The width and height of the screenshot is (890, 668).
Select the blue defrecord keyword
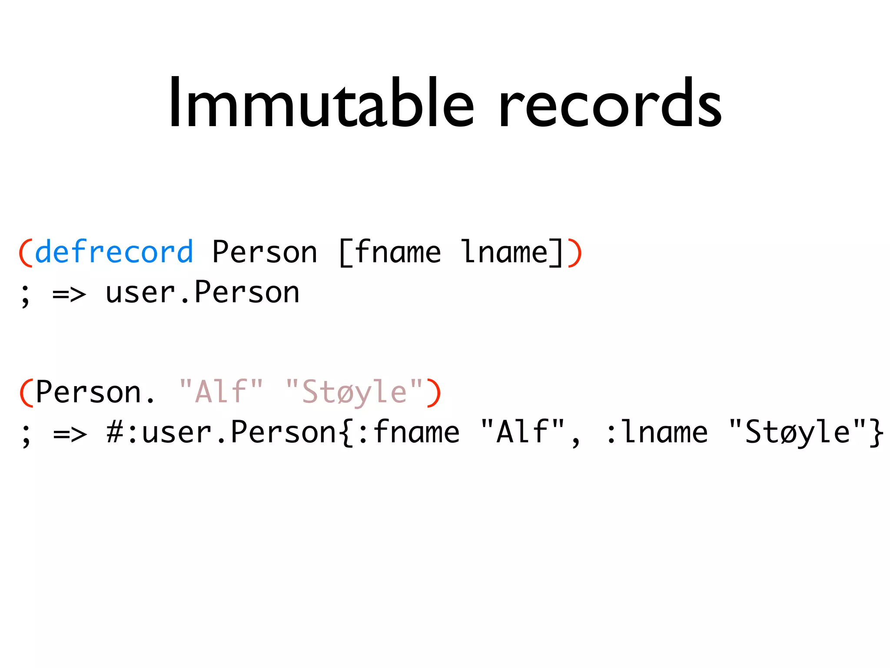(114, 252)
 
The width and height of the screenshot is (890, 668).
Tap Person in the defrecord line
(265, 252)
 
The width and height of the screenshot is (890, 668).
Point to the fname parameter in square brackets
(398, 252)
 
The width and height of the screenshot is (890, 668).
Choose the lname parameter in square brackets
(504, 252)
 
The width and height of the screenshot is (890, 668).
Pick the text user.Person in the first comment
(203, 292)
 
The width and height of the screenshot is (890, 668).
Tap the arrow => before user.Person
(69, 294)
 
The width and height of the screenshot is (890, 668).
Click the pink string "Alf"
(221, 391)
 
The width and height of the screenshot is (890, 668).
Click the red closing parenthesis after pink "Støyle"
(434, 393)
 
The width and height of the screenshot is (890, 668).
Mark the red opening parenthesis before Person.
(25, 393)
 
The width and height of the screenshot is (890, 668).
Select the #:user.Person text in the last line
(222, 433)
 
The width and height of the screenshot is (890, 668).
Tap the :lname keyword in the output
(656, 433)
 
